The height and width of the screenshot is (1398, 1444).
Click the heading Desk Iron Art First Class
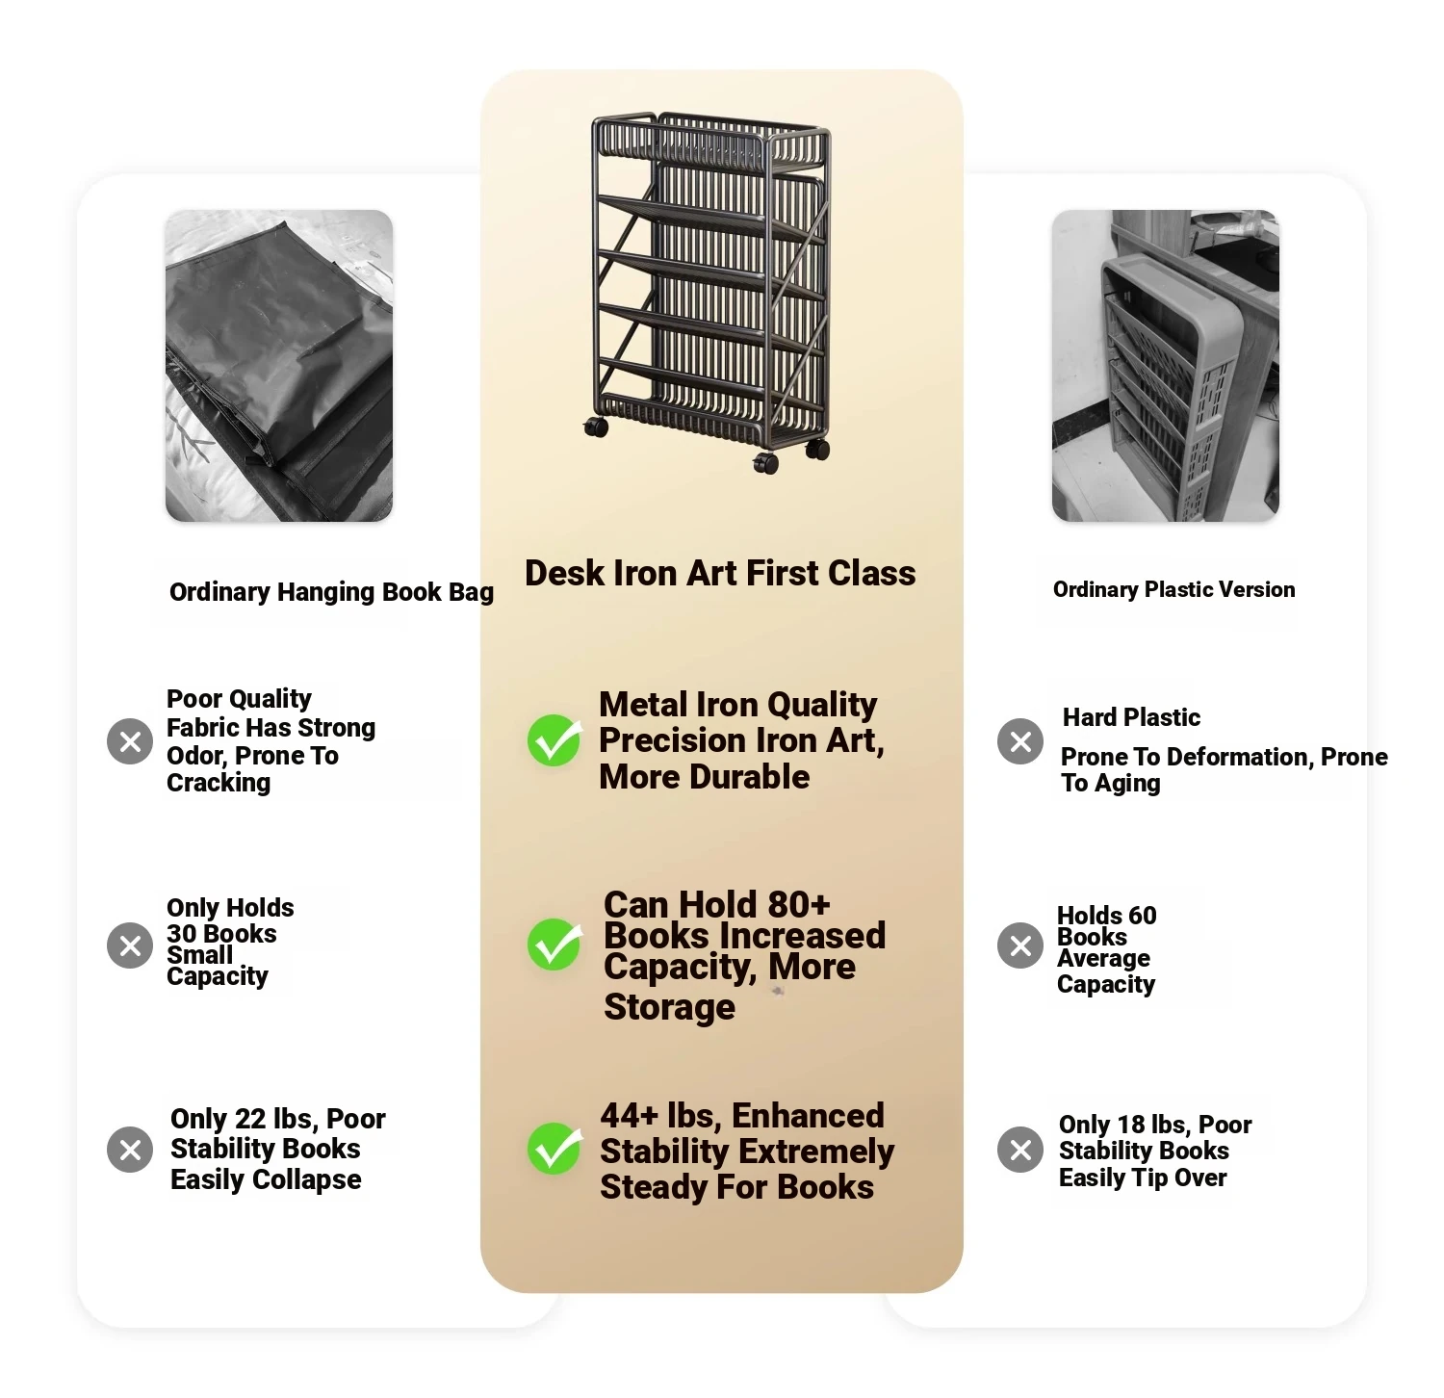[x=720, y=573]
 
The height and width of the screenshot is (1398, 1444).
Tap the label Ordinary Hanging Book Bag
[x=331, y=592]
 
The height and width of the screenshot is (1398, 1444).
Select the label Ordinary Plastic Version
[x=1173, y=589]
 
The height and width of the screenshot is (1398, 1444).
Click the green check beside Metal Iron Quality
[x=554, y=739]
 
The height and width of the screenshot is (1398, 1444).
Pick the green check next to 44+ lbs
[x=554, y=1148]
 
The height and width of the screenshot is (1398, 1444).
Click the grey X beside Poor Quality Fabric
[x=130, y=741]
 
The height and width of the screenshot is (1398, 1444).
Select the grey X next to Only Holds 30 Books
[x=130, y=945]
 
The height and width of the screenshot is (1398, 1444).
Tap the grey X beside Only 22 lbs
[x=130, y=1150]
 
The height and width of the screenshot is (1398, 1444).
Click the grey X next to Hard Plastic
[x=1020, y=741]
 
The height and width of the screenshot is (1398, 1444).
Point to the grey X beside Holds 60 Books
[x=1020, y=945]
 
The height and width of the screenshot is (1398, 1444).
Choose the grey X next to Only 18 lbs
[x=1020, y=1150]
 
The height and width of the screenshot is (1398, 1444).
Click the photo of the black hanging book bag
[x=279, y=366]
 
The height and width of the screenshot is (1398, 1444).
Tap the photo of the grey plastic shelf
[x=1166, y=366]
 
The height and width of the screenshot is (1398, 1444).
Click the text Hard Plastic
[x=1131, y=717]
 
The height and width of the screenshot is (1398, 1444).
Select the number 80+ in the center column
[x=793, y=905]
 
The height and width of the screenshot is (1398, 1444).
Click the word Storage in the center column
[x=669, y=1007]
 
